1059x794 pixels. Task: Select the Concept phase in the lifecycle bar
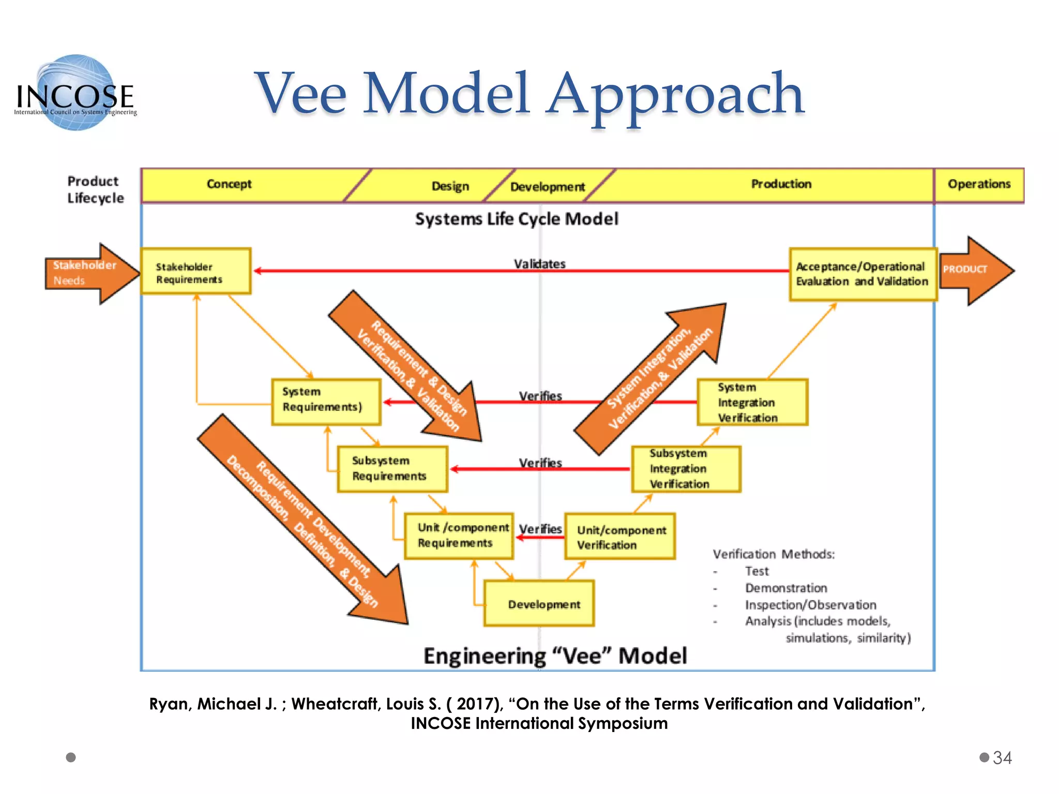tap(229, 184)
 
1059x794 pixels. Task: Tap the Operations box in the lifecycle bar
tap(979, 185)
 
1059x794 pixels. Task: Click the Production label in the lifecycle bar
tap(781, 184)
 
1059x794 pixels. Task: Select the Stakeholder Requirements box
tap(195, 272)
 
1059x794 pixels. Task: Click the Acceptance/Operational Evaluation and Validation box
tap(863, 274)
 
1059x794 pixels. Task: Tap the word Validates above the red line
tap(539, 264)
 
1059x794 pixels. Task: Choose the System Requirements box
tap(326, 402)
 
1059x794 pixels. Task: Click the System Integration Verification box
tap(752, 402)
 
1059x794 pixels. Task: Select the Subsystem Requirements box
tap(392, 469)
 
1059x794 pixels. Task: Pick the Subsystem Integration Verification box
tap(686, 469)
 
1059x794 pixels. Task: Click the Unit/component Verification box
tap(619, 537)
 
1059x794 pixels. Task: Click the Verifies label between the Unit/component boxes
tap(540, 529)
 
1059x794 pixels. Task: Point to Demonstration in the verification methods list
tap(785, 588)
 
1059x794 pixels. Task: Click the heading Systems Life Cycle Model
tap(517, 219)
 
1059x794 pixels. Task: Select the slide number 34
tap(1002, 758)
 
